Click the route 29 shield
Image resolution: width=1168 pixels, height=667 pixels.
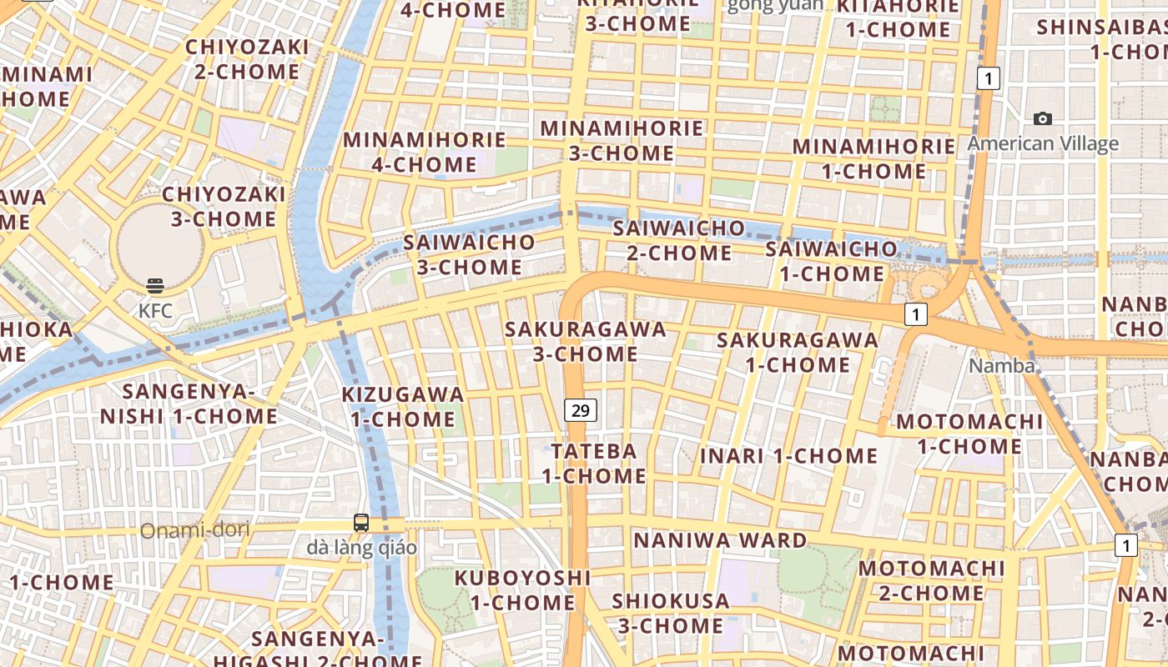(581, 409)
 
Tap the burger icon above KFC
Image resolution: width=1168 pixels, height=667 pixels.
(155, 286)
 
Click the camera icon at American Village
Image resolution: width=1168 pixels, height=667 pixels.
(1042, 119)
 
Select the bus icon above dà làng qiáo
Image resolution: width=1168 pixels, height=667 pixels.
(361, 523)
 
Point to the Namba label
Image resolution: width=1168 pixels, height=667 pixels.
(1001, 366)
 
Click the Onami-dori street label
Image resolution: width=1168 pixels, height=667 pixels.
(195, 530)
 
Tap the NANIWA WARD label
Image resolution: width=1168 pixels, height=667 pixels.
(720, 540)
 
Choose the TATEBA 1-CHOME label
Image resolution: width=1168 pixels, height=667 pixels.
(593, 464)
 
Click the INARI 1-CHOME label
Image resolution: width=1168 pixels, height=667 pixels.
(788, 456)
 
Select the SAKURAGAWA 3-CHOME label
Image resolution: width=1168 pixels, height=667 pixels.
(586, 341)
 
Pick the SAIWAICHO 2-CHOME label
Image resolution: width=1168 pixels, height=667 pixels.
(678, 239)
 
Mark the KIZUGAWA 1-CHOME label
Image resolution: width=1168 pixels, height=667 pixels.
(403, 406)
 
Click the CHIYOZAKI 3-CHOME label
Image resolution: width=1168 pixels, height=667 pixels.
(224, 207)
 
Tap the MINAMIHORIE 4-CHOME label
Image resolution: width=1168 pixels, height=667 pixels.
(425, 152)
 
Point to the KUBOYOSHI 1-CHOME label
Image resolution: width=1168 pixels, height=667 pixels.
(522, 589)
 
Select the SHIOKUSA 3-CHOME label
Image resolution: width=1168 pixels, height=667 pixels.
(670, 613)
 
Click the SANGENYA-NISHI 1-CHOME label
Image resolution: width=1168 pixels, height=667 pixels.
(189, 404)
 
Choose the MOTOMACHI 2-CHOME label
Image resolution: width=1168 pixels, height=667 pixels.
(931, 580)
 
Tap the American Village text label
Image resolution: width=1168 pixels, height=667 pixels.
(1042, 143)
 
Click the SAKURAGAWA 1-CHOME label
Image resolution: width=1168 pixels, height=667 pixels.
(798, 352)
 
